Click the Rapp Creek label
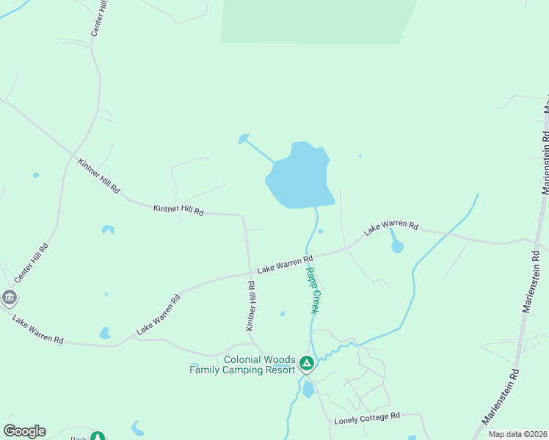[312, 290]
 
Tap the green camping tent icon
[307, 362]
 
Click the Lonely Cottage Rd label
[367, 418]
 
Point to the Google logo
[24, 431]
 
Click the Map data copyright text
[517, 434]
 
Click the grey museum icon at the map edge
[9, 298]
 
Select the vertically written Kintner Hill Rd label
[251, 304]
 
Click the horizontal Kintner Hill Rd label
[178, 210]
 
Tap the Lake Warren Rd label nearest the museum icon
[38, 330]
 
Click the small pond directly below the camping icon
[308, 389]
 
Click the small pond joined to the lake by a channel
[243, 138]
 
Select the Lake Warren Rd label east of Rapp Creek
[390, 228]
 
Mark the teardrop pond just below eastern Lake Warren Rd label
[397, 246]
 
